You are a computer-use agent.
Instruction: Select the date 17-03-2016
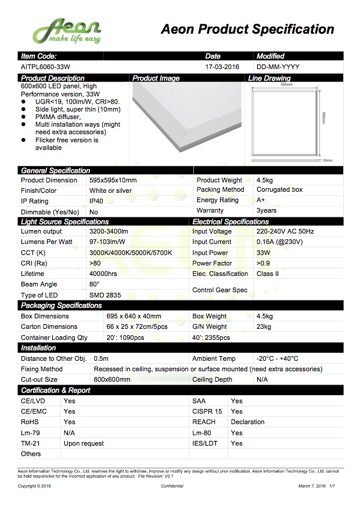click(222, 67)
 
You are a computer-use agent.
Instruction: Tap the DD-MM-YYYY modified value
click(278, 67)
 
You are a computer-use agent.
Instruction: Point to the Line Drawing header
click(269, 78)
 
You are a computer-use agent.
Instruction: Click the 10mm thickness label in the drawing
click(327, 160)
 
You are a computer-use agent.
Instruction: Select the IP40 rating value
click(97, 201)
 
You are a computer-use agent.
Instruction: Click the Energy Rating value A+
click(261, 200)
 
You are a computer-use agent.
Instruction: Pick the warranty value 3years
click(267, 210)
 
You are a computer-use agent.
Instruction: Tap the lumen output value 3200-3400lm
click(109, 232)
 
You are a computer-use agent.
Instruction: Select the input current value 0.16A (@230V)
click(279, 242)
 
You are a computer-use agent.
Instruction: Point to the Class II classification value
click(268, 274)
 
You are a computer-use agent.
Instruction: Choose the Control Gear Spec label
click(219, 290)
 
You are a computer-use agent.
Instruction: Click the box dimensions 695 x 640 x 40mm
click(134, 317)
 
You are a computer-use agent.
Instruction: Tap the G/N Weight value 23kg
click(264, 327)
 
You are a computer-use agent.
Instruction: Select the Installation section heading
click(38, 348)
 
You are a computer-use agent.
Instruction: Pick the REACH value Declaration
click(247, 422)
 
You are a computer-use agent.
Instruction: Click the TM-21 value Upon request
click(84, 443)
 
